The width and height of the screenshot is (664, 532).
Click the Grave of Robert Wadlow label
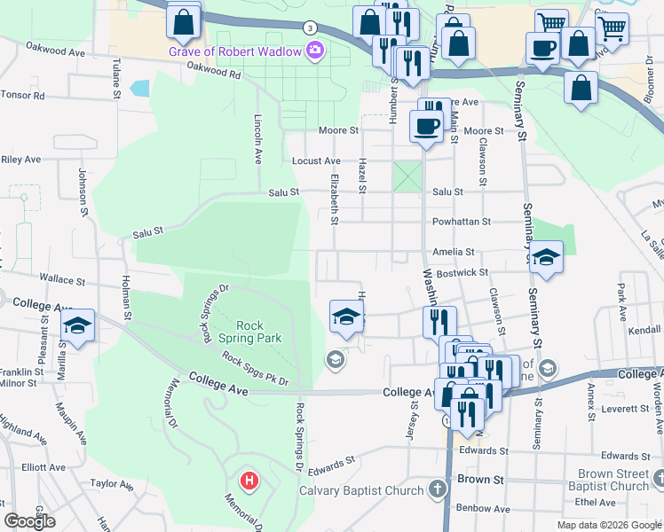(236, 51)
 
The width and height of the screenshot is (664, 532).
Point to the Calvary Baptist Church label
(360, 490)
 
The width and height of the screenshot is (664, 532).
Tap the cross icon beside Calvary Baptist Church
(436, 489)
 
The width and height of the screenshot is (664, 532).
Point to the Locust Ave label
(317, 161)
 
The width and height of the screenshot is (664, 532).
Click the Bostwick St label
(467, 273)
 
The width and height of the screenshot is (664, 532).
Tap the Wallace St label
(62, 280)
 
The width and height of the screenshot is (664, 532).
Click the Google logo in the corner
(29, 521)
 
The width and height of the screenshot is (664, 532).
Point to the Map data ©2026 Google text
(609, 525)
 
